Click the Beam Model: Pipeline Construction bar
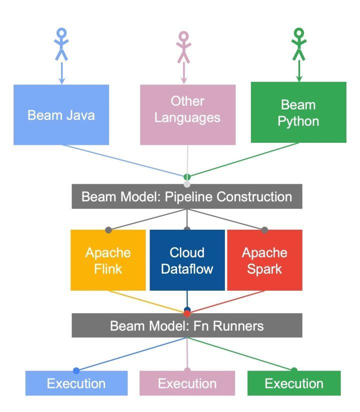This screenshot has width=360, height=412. (x=187, y=197)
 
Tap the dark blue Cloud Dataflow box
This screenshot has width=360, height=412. (x=187, y=260)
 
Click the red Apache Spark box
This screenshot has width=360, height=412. (x=264, y=260)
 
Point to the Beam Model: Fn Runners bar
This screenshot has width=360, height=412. (x=187, y=327)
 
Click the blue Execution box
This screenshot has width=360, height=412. (x=76, y=384)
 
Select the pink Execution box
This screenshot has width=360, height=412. (x=187, y=384)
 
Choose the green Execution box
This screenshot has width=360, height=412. (x=294, y=384)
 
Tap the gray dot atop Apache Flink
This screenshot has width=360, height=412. (x=108, y=230)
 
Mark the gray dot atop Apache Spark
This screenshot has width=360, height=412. (x=264, y=230)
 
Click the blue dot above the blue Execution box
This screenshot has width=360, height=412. (x=76, y=371)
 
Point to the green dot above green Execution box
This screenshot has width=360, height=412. (x=294, y=370)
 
